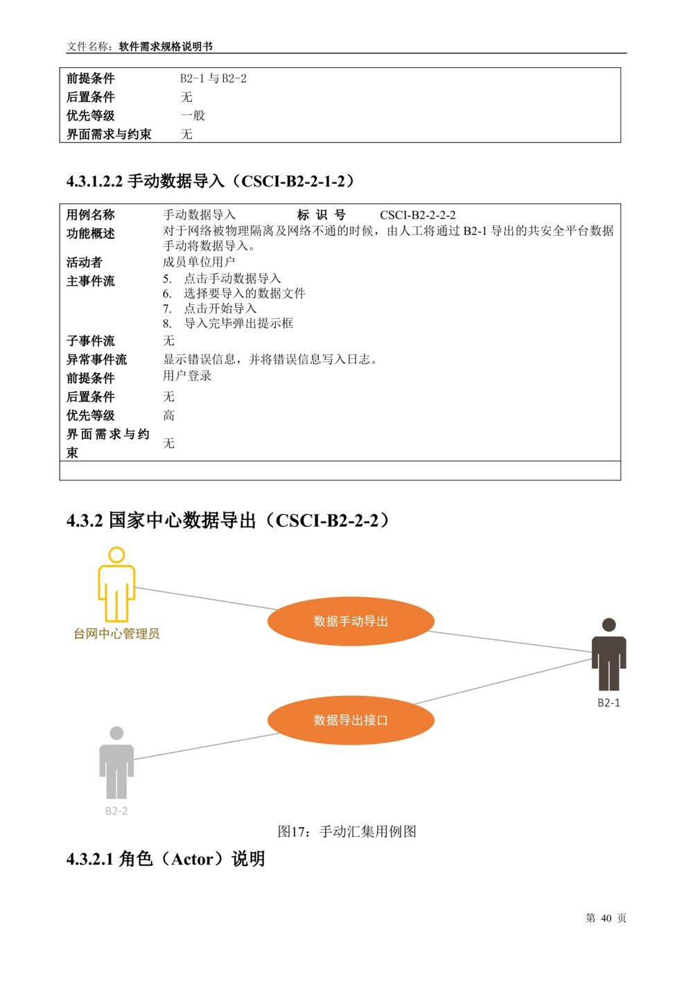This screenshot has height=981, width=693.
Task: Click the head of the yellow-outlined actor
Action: [x=117, y=555]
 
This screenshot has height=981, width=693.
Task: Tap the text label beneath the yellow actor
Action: [x=116, y=634]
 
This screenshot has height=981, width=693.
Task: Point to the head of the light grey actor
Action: [x=116, y=733]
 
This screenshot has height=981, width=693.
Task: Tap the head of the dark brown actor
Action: [x=608, y=625]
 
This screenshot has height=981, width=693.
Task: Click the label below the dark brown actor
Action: [x=608, y=703]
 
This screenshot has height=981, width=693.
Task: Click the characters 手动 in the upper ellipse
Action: [x=351, y=621]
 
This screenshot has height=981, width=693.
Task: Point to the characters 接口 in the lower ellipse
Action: [x=376, y=720]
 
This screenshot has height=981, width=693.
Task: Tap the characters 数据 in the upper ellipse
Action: [x=326, y=621]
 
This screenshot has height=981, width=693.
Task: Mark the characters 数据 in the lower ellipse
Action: [x=326, y=720]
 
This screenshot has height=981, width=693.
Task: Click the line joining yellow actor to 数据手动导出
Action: [x=201, y=598]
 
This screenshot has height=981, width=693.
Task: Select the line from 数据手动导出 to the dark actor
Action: [x=509, y=642]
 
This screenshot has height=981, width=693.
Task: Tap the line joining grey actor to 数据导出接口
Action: [x=208, y=745]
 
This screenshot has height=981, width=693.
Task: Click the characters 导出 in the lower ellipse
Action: [x=351, y=720]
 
